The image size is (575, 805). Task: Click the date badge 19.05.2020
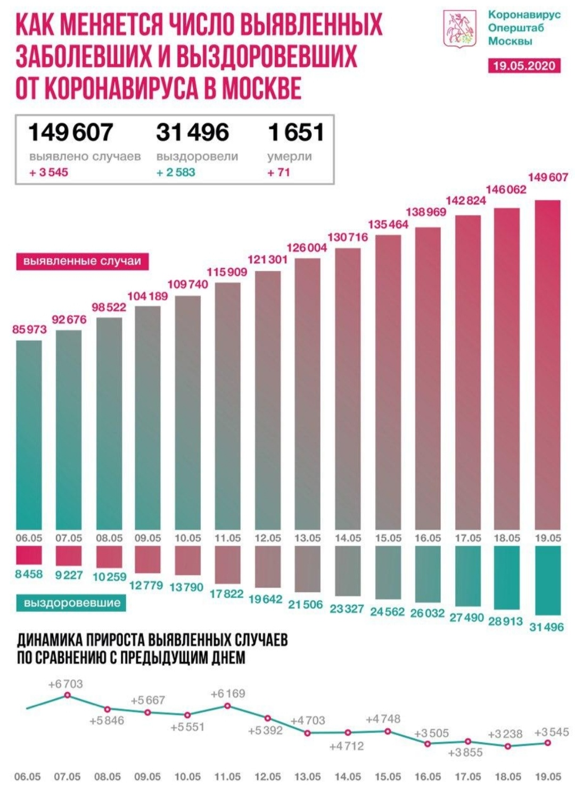pyautogui.click(x=524, y=66)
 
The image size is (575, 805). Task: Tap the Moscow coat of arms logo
pyautogui.click(x=459, y=29)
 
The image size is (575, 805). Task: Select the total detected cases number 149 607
pyautogui.click(x=70, y=133)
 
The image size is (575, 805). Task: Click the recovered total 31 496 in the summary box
pyautogui.click(x=192, y=133)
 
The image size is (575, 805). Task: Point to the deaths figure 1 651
pyautogui.click(x=296, y=133)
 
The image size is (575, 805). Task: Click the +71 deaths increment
pyautogui.click(x=278, y=172)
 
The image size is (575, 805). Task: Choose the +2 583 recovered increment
pyautogui.click(x=176, y=172)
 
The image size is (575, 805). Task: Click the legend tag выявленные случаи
pyautogui.click(x=82, y=261)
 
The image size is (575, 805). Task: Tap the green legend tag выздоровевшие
pyautogui.click(x=72, y=603)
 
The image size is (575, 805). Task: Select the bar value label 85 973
pyautogui.click(x=29, y=330)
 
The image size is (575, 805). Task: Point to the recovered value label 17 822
pyautogui.click(x=227, y=594)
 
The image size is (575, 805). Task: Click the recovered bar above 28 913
pyautogui.click(x=507, y=578)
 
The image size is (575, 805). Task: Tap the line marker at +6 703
pyautogui.click(x=68, y=695)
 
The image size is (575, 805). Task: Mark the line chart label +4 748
pyautogui.click(x=383, y=719)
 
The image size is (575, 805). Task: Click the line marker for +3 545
pyautogui.click(x=547, y=742)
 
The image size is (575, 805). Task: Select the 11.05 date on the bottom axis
pyautogui.click(x=227, y=777)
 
